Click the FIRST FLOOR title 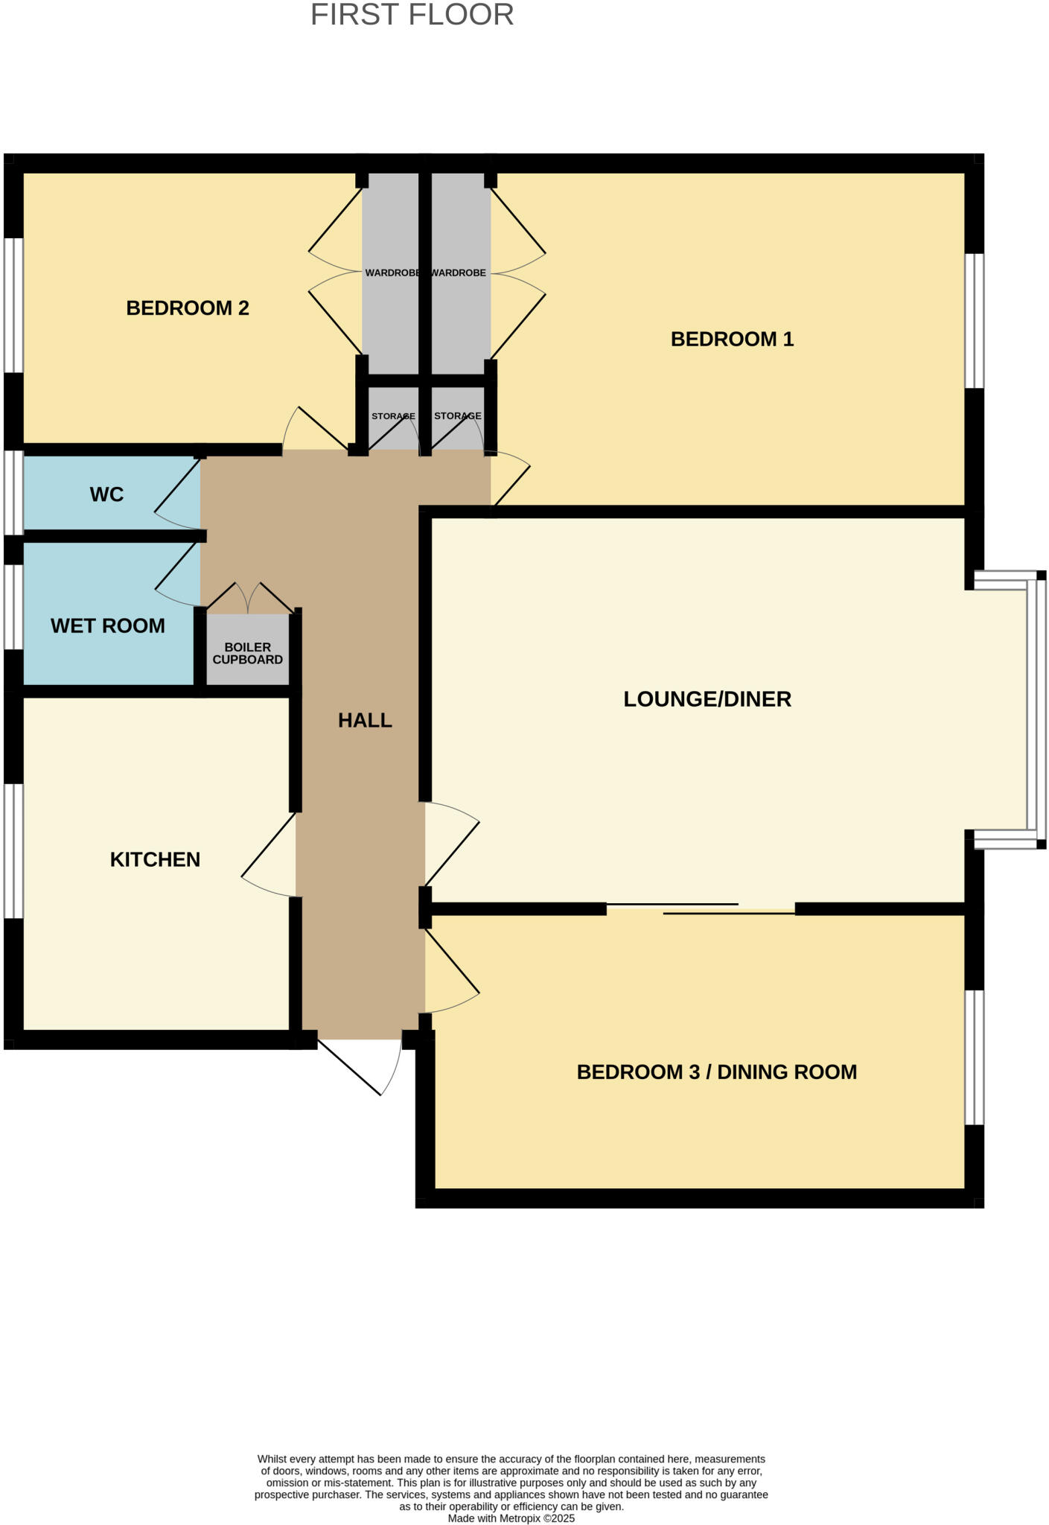point(412,16)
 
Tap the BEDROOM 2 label point(188,308)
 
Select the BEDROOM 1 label point(732,339)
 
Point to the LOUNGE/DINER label point(707,698)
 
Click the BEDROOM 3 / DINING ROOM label point(716,1072)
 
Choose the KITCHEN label point(155,859)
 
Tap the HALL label point(365,720)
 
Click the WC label point(106,494)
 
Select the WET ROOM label point(108,625)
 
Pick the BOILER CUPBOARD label point(247,653)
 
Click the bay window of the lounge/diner point(1036,710)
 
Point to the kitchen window point(13,850)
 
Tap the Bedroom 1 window point(975,321)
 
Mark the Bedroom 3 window point(975,1057)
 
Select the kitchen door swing point(268,856)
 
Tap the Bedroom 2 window point(13,305)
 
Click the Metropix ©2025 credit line point(511,1518)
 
